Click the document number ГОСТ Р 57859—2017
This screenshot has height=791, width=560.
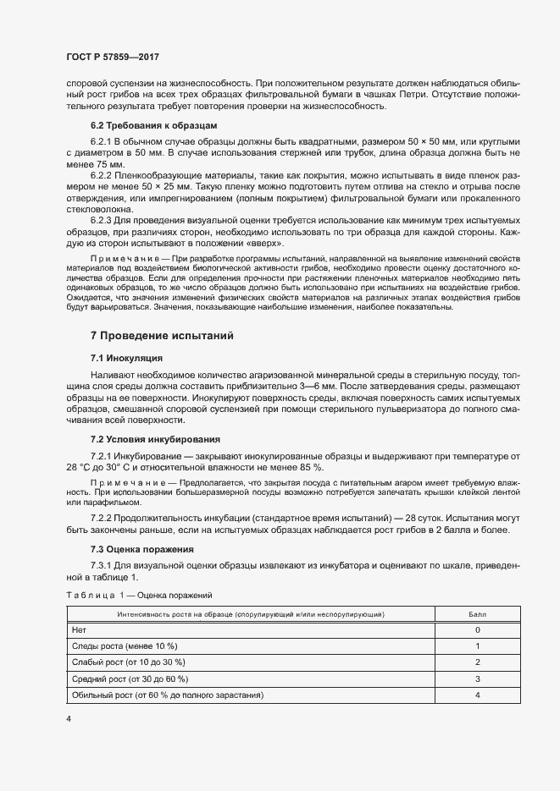tap(112, 58)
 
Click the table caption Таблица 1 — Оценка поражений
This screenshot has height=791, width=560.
tap(140, 596)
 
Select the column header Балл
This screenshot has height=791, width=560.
tap(478, 613)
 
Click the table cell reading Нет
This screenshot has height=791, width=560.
tap(80, 630)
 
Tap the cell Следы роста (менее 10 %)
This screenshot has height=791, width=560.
tap(124, 645)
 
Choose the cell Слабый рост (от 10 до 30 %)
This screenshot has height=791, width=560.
tap(128, 662)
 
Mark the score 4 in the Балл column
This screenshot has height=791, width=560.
tap(478, 695)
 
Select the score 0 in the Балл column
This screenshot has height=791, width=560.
tap(478, 630)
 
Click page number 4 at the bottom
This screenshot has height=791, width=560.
tap(68, 719)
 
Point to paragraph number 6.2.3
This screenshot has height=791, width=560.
tap(101, 219)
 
